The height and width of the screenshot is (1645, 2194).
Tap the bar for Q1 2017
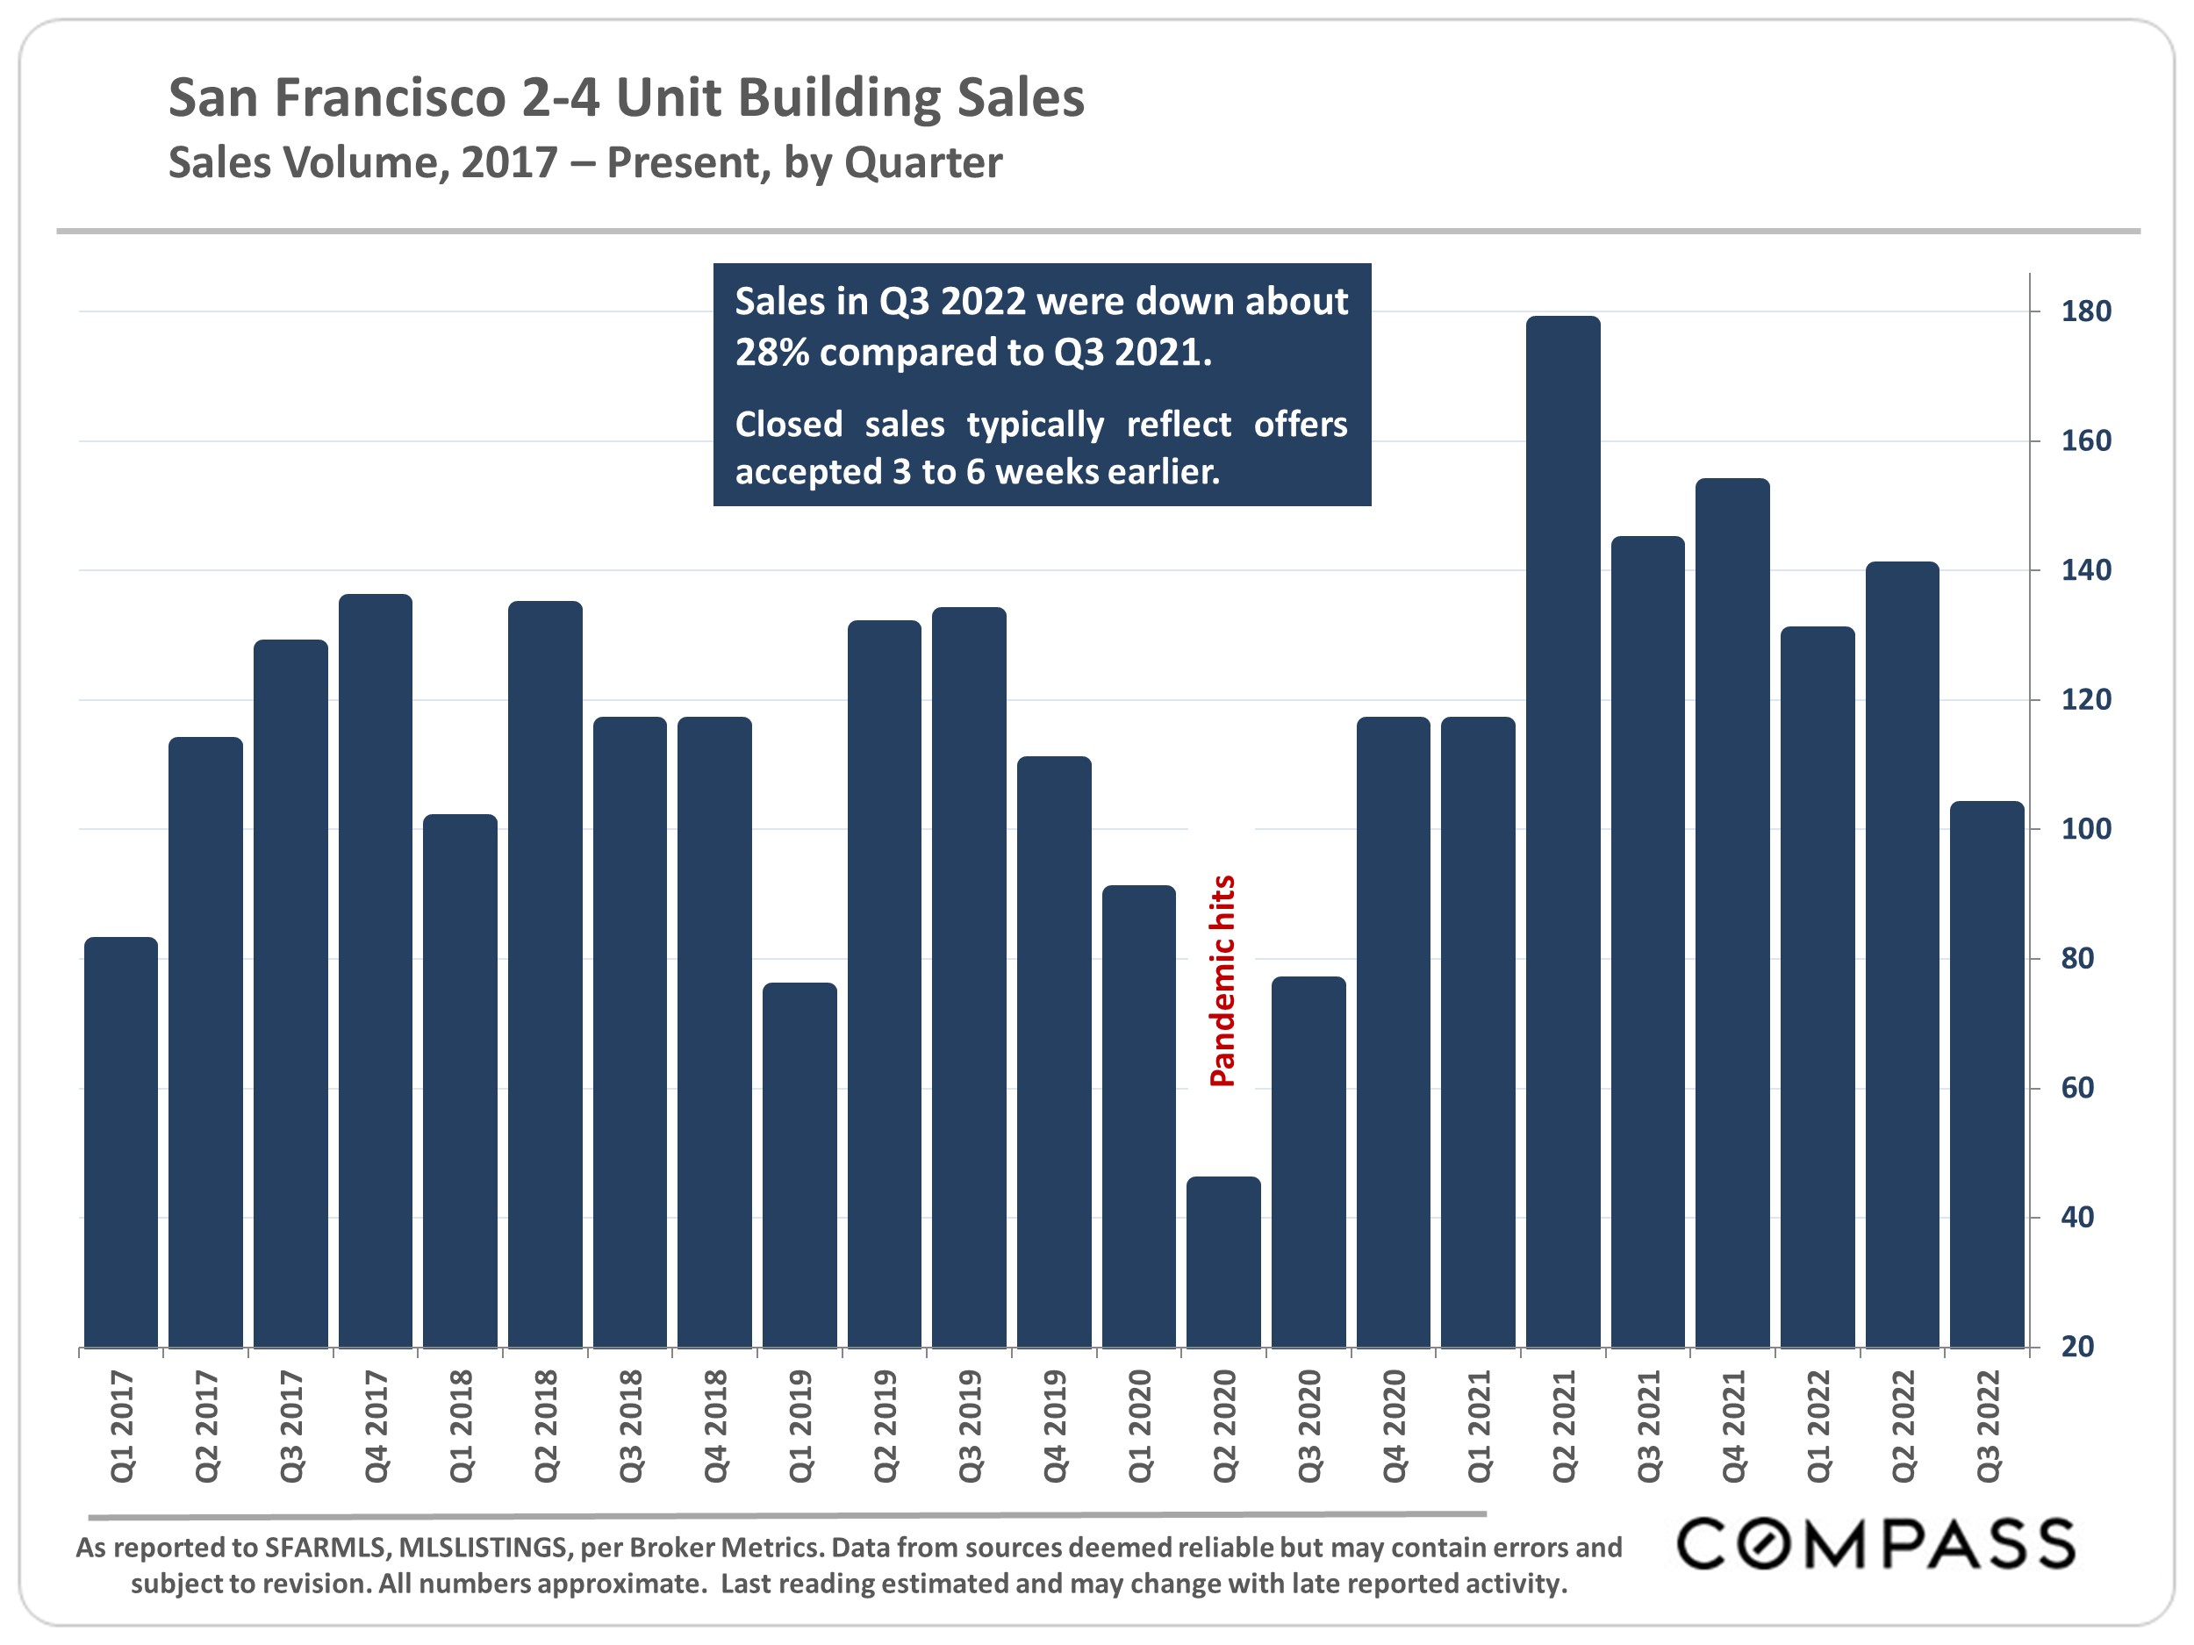pyautogui.click(x=121, y=1141)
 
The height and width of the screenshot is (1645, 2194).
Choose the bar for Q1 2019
pyautogui.click(x=799, y=1164)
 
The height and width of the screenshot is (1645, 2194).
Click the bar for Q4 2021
pyautogui.click(x=1732, y=912)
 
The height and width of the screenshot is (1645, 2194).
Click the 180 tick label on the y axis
pyautogui.click(x=2086, y=311)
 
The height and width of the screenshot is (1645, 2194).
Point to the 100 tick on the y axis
pyautogui.click(x=2086, y=829)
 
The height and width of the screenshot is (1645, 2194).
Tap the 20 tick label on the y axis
pyautogui.click(x=2077, y=1347)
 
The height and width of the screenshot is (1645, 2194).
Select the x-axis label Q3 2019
pyautogui.click(x=970, y=1426)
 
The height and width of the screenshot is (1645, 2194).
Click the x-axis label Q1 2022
pyautogui.click(x=1818, y=1426)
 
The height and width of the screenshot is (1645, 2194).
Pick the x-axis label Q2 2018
pyautogui.click(x=546, y=1426)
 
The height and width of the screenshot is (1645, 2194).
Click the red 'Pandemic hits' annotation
pyautogui.click(x=1223, y=981)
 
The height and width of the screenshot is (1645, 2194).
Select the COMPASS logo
pyautogui.click(x=1875, y=1544)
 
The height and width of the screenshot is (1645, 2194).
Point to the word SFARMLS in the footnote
pyautogui.click(x=326, y=1547)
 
